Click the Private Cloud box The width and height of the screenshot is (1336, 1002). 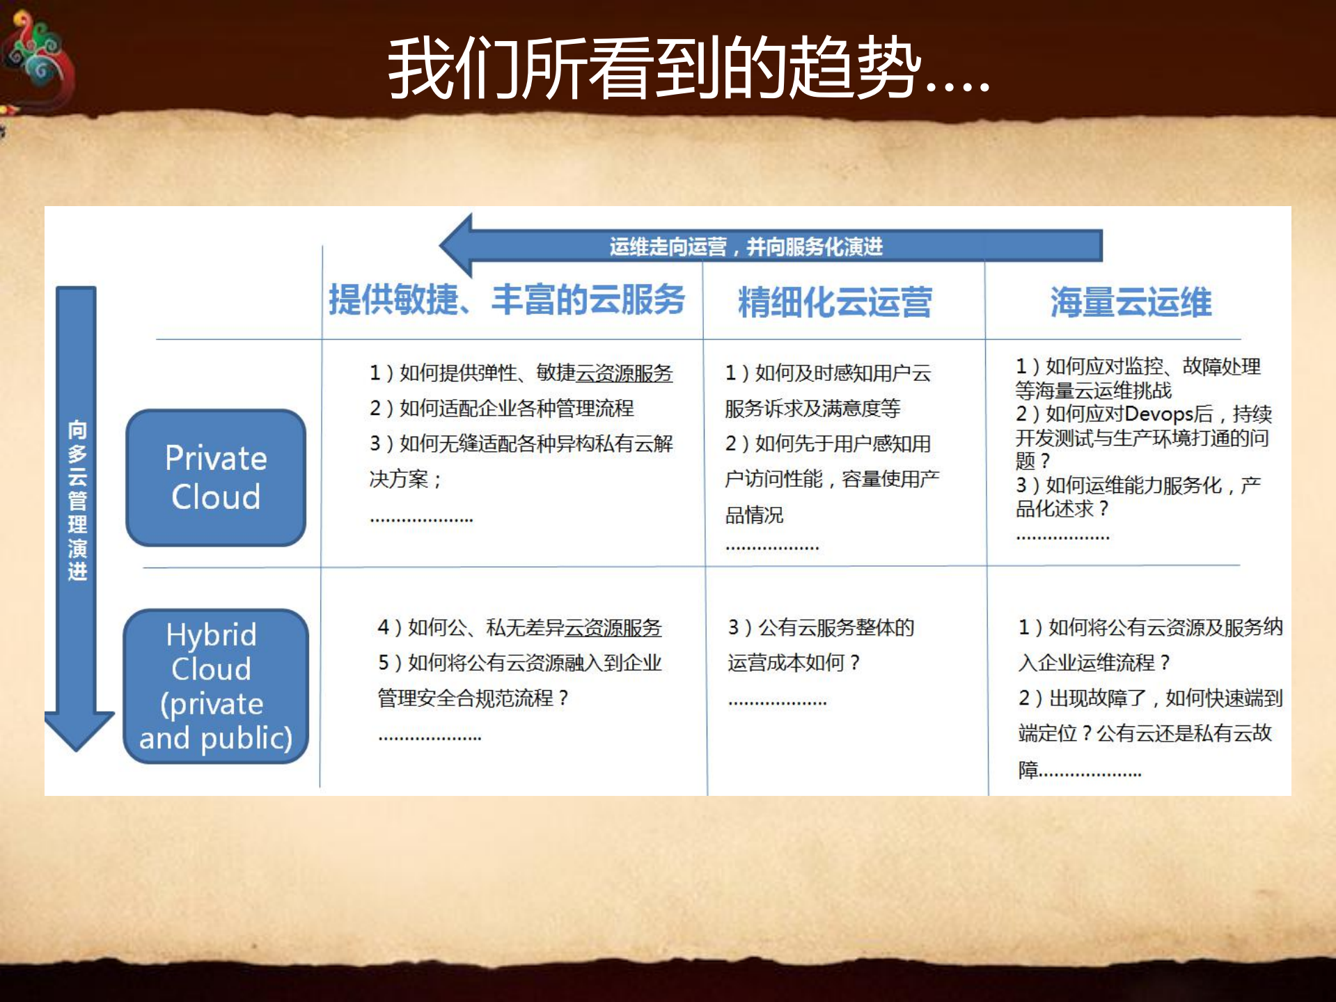[x=216, y=478]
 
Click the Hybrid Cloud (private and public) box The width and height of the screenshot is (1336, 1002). [x=216, y=686]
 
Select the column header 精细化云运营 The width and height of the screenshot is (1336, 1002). [x=835, y=302]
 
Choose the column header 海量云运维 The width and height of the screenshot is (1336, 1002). [x=1131, y=302]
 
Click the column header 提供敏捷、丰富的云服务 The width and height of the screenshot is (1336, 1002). [x=507, y=300]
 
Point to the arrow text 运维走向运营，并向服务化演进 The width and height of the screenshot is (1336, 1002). [x=746, y=246]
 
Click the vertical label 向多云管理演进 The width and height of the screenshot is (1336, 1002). [x=77, y=499]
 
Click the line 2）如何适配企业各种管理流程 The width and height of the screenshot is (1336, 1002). [x=501, y=408]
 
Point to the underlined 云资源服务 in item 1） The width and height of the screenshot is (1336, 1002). [x=624, y=373]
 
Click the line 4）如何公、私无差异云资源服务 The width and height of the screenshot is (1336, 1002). [x=519, y=627]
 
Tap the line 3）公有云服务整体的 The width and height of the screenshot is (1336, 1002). [x=821, y=627]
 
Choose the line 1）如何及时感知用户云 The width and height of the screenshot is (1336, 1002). [x=828, y=373]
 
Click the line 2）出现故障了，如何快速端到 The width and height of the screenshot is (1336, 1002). [x=1150, y=698]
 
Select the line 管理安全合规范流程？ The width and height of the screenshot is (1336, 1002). [x=473, y=698]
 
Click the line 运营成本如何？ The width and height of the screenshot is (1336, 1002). [x=794, y=662]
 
